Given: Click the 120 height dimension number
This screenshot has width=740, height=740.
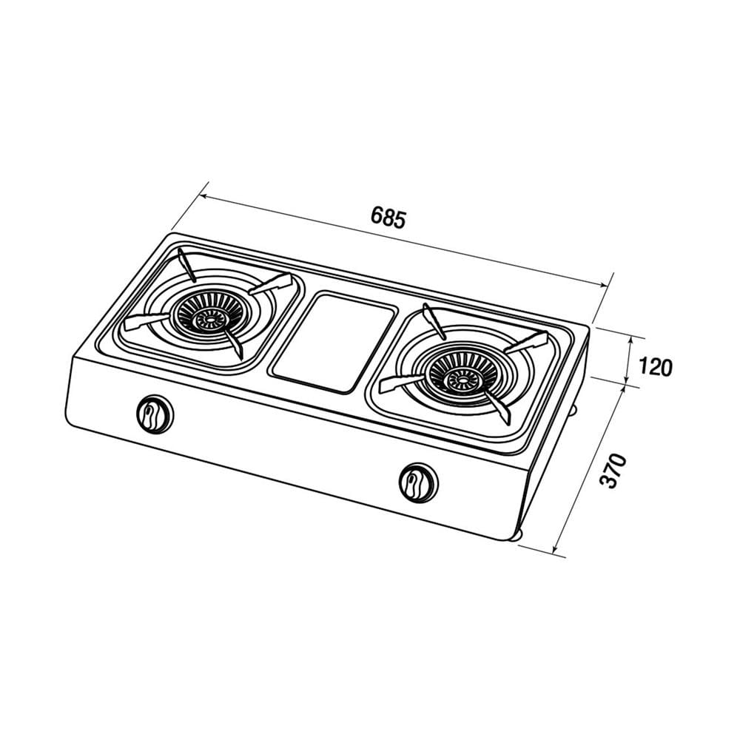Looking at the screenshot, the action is tap(655, 367).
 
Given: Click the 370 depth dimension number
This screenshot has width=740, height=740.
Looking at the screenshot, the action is tap(613, 471).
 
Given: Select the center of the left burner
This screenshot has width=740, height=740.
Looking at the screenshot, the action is tap(207, 317).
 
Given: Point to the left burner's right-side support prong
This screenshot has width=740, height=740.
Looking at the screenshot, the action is tap(271, 285).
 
